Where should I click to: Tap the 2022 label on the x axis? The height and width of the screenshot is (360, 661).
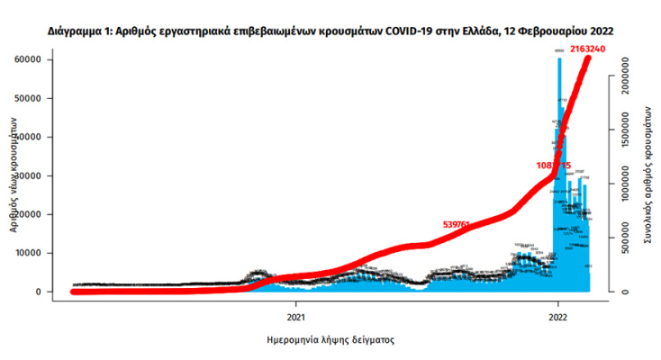click(x=557, y=317)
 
